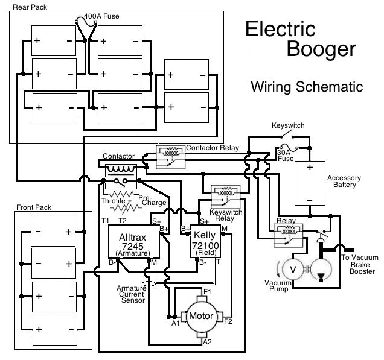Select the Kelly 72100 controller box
(206, 241)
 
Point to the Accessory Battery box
(309, 184)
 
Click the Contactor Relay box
(170, 156)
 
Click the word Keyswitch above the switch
(288, 125)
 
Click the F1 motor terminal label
(206, 292)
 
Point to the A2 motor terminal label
(207, 342)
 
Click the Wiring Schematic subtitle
(307, 86)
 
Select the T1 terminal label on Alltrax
(105, 221)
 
